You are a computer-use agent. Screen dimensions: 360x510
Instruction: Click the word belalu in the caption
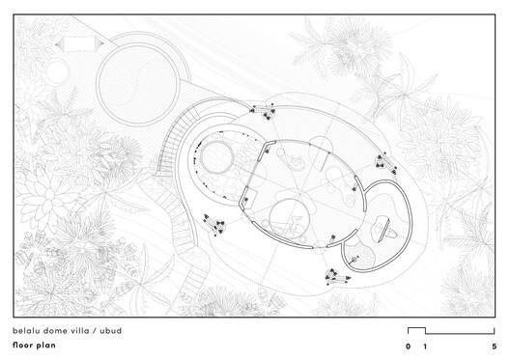29,330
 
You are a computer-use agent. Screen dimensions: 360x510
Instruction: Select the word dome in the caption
63,330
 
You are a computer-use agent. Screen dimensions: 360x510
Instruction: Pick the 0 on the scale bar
408,346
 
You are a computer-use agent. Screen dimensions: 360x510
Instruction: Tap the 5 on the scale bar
494,346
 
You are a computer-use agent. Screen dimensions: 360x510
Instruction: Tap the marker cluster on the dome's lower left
213,227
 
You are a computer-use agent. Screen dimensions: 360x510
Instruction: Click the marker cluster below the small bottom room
337,277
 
